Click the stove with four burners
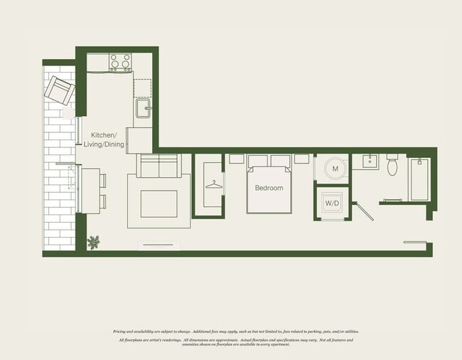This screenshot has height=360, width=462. point(120,63)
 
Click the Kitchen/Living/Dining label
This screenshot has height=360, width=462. point(107,139)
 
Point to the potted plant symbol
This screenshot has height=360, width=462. point(93,243)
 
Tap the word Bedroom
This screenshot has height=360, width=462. point(269,189)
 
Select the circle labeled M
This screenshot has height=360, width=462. point(333,169)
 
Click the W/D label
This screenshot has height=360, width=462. point(332,202)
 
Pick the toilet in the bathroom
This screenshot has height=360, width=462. point(392,166)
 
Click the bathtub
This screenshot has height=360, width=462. point(418,180)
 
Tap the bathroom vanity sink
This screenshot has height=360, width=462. point(367,161)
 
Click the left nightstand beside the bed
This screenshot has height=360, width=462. point(236,161)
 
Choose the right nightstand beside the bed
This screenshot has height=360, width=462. point(301,161)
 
